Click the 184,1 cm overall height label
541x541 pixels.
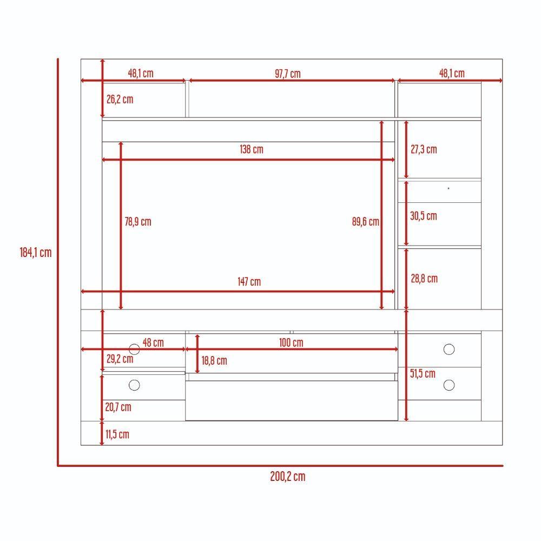[x=36, y=253]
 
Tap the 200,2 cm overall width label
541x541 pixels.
[x=288, y=477]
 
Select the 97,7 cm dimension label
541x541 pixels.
[x=288, y=74]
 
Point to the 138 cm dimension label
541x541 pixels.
[x=252, y=149]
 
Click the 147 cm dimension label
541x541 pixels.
[x=249, y=282]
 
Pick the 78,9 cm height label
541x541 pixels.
[x=138, y=221]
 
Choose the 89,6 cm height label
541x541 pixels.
[x=365, y=221]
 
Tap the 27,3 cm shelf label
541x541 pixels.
[x=424, y=149]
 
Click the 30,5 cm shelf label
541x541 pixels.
[x=424, y=216]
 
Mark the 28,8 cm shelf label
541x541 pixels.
[x=424, y=279]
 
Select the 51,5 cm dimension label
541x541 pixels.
[x=423, y=373]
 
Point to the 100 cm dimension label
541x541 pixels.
[x=291, y=342]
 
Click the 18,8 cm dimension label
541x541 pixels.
[x=214, y=361]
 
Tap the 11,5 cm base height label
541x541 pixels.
[x=117, y=434]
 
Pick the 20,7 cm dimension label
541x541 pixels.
[x=118, y=407]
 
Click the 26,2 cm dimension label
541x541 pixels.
[x=120, y=100]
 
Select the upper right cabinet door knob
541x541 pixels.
[x=449, y=349]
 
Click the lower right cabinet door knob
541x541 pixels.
[x=449, y=385]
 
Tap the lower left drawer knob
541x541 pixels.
[x=134, y=385]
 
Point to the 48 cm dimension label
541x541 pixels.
[x=153, y=342]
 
